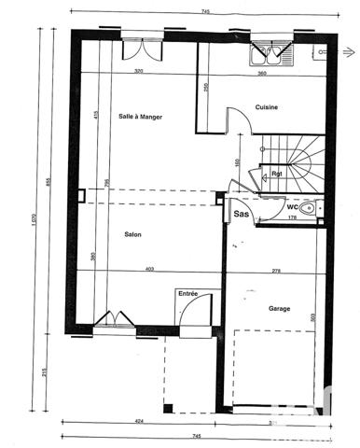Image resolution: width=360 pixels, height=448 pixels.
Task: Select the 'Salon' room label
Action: tap(132, 234)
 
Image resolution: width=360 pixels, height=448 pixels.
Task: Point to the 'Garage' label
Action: tap(278, 309)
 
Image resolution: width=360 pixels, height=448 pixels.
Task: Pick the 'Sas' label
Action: tap(240, 214)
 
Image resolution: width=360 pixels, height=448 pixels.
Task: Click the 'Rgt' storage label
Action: tap(277, 174)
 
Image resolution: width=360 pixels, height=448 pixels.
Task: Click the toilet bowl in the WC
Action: tap(309, 207)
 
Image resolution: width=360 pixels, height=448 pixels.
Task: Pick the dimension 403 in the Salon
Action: tap(148, 270)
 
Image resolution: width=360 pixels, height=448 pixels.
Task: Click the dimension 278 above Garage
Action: tap(276, 270)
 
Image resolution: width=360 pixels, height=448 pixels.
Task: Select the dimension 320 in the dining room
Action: tap(139, 72)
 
